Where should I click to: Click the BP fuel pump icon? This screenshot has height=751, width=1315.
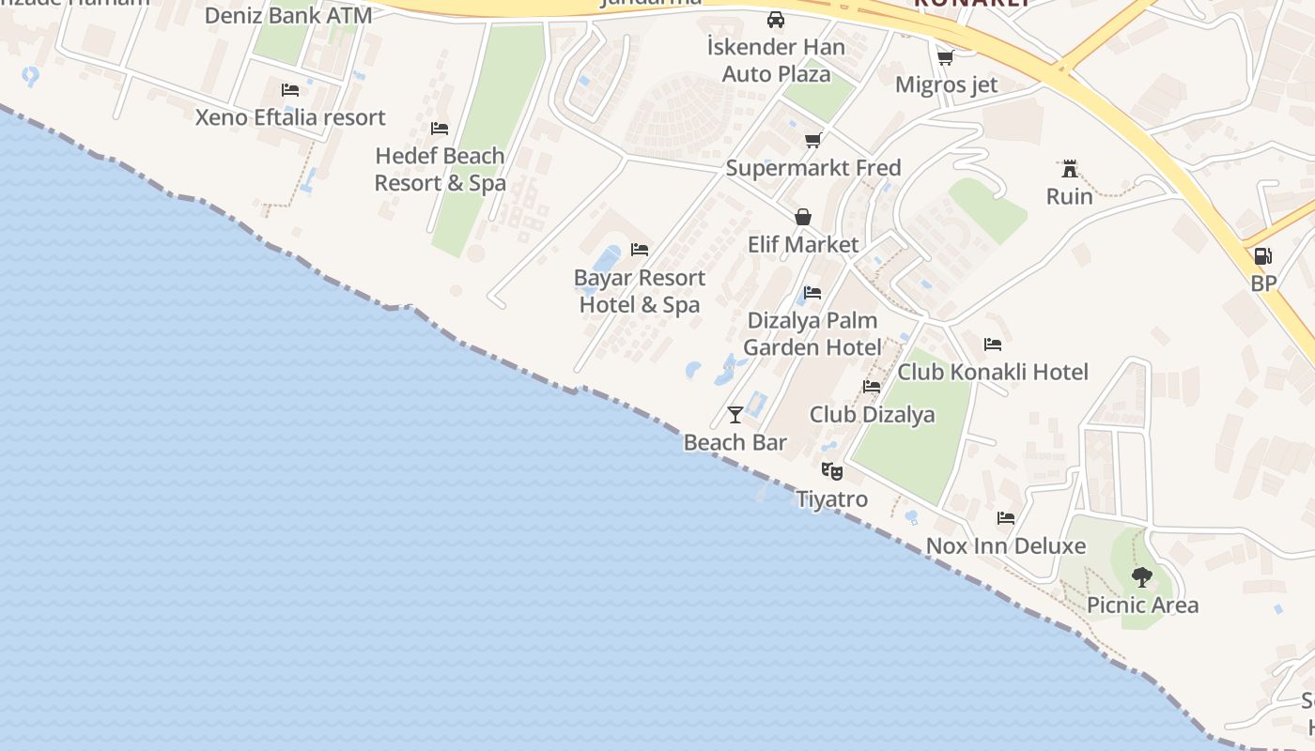point(1263,256)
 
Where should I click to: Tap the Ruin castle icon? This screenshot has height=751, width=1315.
point(1069,169)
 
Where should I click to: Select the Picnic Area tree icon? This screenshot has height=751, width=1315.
point(1142,576)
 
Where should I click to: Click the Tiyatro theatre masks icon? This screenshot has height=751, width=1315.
point(832,471)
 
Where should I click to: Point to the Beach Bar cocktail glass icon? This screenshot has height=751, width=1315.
point(735,414)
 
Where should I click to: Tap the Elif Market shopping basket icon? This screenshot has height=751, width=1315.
point(803,217)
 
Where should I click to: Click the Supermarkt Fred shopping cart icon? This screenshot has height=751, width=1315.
point(813,141)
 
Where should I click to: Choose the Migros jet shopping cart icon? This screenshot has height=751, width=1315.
point(946,57)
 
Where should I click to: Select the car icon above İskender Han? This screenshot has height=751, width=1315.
point(776,20)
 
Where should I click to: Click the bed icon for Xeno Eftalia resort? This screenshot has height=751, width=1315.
point(290,90)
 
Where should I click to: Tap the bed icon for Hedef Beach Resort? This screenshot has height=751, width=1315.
point(440,129)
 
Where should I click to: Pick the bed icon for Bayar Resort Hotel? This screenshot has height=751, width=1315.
point(640,250)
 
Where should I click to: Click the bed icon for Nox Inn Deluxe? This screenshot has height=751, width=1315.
point(1006,518)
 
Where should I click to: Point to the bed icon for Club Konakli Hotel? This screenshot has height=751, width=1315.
point(993,345)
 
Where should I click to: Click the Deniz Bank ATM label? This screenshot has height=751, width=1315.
point(288,16)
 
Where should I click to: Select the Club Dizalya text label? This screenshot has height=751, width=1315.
point(872,414)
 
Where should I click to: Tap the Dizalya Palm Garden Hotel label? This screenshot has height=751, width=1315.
point(812,333)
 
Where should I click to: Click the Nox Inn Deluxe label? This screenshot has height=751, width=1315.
point(1006,545)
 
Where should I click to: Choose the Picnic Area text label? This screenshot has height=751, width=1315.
point(1142,605)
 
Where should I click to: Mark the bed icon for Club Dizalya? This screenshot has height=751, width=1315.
point(872,387)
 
